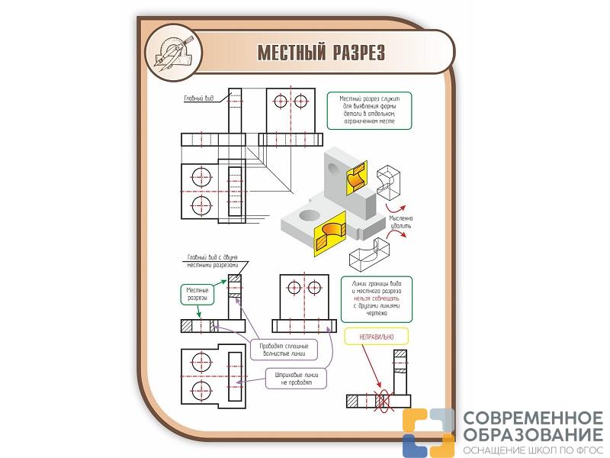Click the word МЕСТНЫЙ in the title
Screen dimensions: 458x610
tap(291, 52)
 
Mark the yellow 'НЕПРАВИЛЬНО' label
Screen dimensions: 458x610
tap(374, 337)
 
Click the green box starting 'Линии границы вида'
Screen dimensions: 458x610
tap(376, 298)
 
